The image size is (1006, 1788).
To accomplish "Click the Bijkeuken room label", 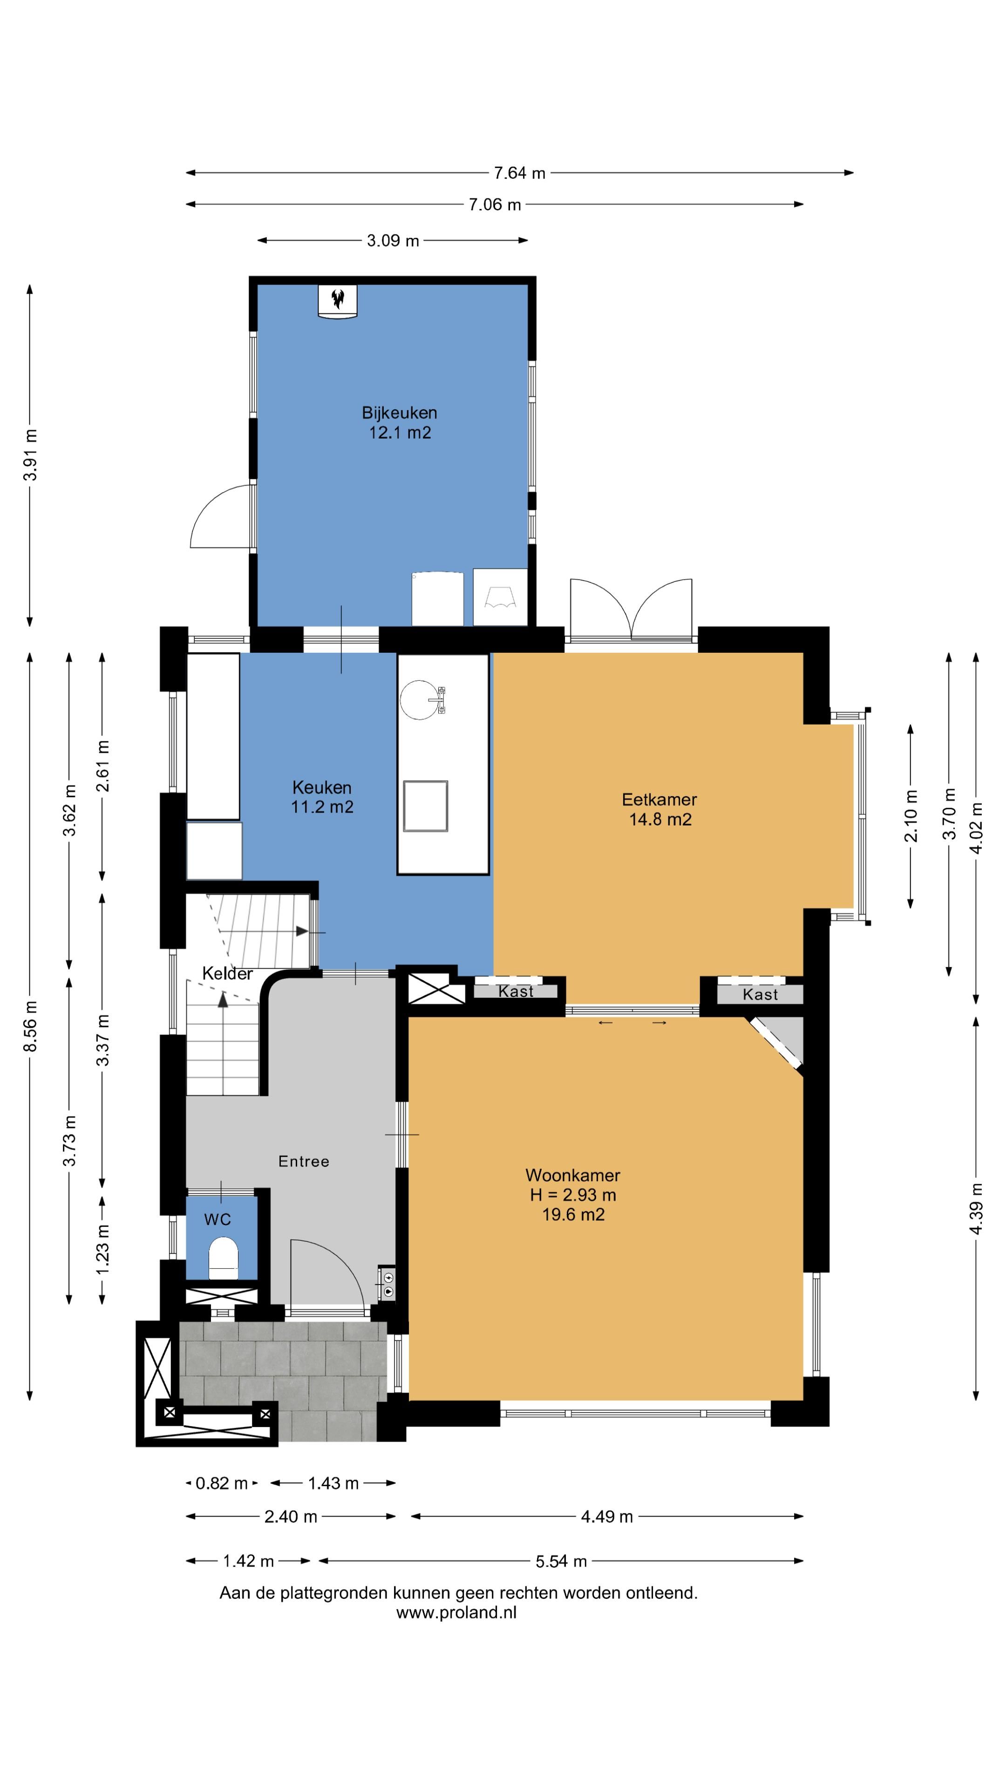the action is coord(399,422).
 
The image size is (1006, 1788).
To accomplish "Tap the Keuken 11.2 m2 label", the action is coord(322,797).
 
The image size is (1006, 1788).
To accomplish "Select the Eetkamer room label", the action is coord(659,809).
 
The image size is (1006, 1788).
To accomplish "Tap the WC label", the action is coord(218,1219).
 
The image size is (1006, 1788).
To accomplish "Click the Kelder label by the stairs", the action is coord(227,974).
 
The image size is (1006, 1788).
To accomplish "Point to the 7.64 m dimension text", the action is coord(519,173).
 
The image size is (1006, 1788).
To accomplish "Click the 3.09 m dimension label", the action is coord(393,241).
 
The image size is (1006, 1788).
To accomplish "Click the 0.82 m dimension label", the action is coord(222,1483).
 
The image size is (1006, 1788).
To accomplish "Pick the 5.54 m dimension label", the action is coord(561,1561).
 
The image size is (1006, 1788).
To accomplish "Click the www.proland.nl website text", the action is coord(456,1612).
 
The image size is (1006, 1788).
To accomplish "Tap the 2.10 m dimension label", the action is coord(911,816).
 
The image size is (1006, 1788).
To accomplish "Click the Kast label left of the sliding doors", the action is coord(516,991).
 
